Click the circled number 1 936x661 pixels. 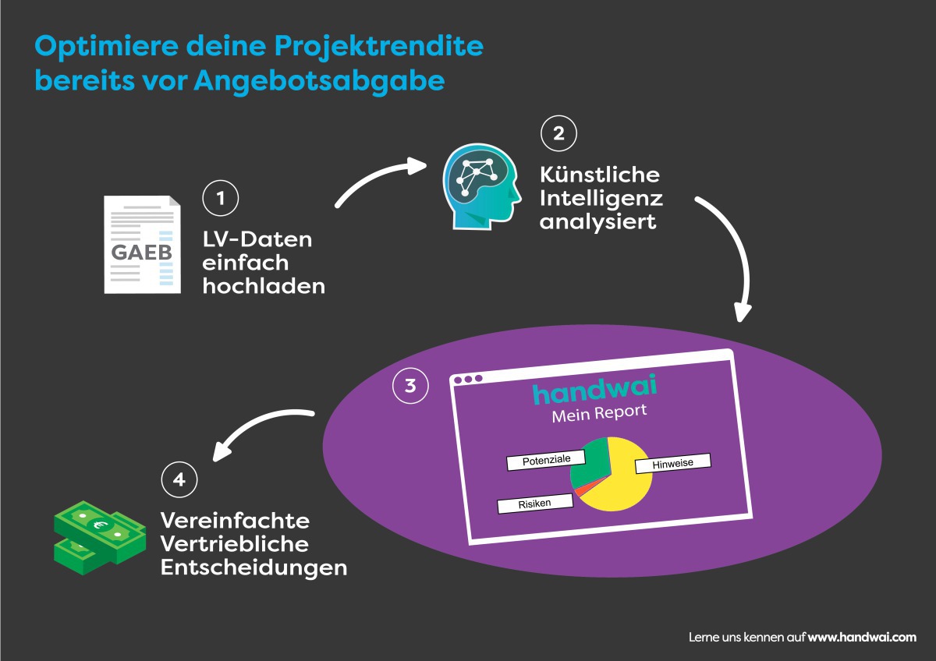(221, 198)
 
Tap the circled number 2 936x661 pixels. (558, 133)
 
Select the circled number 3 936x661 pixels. (410, 385)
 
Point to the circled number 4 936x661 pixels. (179, 479)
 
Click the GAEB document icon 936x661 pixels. (143, 245)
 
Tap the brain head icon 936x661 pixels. (482, 186)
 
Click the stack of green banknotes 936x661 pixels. (100, 538)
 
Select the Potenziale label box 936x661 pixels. (546, 460)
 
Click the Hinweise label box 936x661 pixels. (672, 464)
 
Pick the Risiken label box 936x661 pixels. (535, 504)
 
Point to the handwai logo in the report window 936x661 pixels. (594, 390)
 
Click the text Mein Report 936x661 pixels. (599, 413)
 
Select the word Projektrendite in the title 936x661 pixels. (379, 47)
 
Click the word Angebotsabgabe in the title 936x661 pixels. (319, 81)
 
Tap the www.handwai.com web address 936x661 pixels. (862, 637)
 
